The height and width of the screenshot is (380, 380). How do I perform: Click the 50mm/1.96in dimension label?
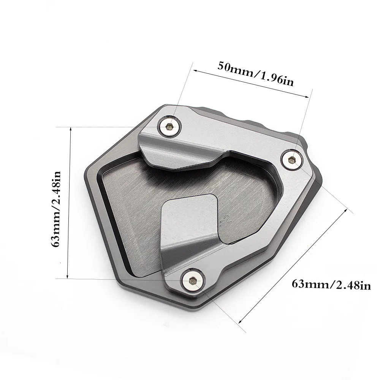pyautogui.click(x=255, y=74)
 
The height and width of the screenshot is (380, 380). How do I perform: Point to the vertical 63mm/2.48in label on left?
pyautogui.click(x=56, y=209)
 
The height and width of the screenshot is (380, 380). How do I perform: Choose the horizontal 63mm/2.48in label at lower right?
pyautogui.click(x=331, y=285)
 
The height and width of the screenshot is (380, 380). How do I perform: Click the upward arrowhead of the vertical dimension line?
pyautogui.click(x=71, y=130)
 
